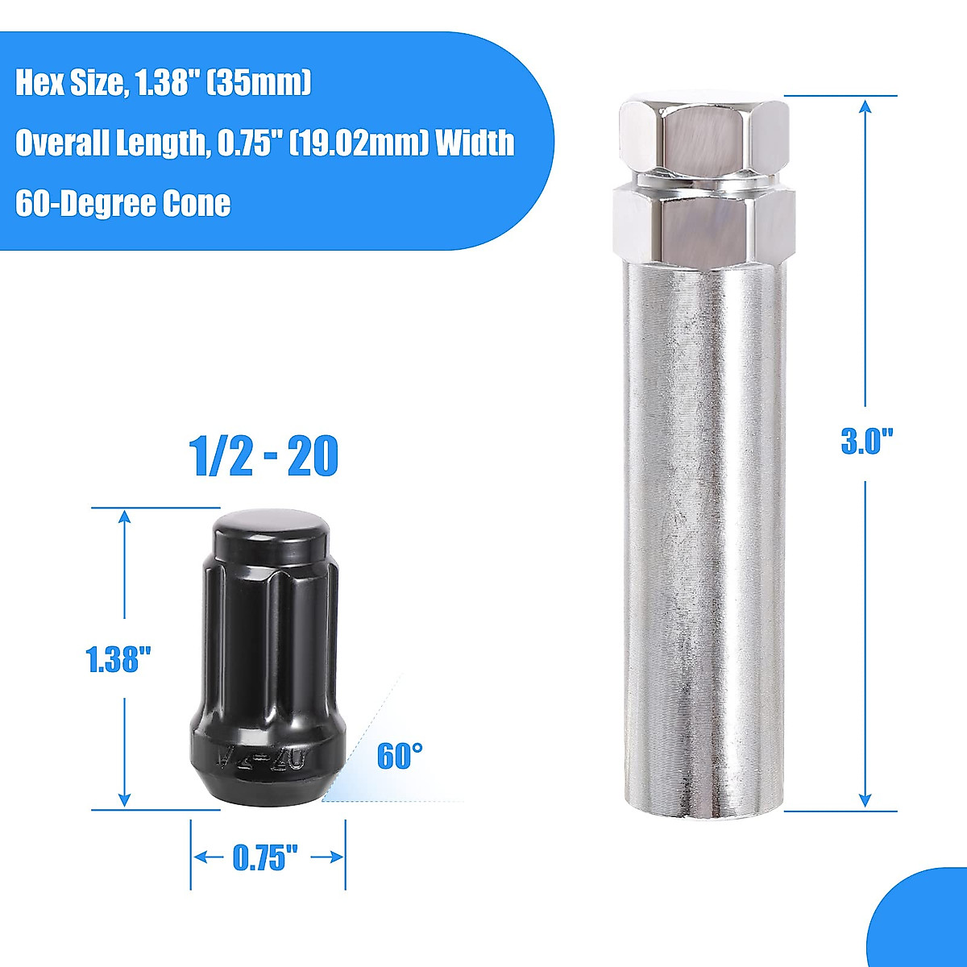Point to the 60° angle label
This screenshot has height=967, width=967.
[x=400, y=757]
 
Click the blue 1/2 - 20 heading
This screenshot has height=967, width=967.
[x=264, y=457]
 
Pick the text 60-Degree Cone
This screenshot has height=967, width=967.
[x=122, y=203]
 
